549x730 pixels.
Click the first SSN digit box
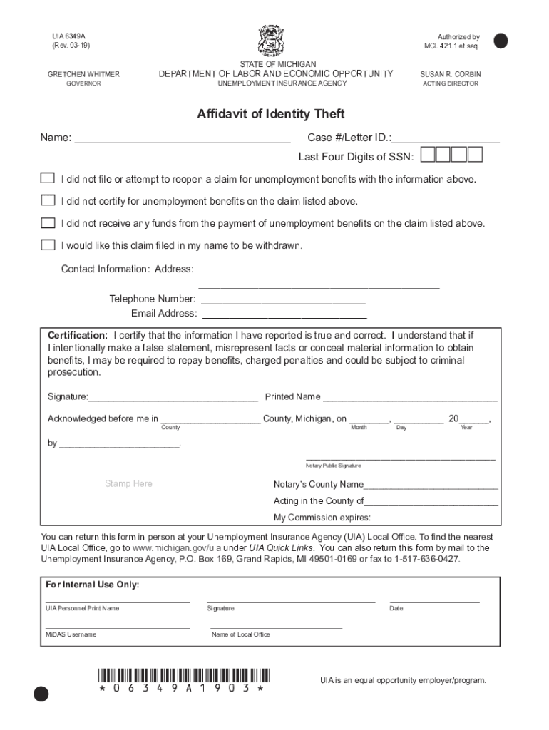click(x=429, y=155)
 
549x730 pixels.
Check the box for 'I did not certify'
click(x=48, y=201)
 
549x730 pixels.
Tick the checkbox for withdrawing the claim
click(x=48, y=245)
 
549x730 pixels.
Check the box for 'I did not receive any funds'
click(x=48, y=223)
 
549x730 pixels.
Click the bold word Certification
click(x=78, y=335)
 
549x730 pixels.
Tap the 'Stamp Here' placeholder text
click(x=128, y=484)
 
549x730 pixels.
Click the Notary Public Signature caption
click(x=333, y=466)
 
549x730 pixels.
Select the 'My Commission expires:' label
click(x=322, y=518)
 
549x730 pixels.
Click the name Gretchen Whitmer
click(x=83, y=74)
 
